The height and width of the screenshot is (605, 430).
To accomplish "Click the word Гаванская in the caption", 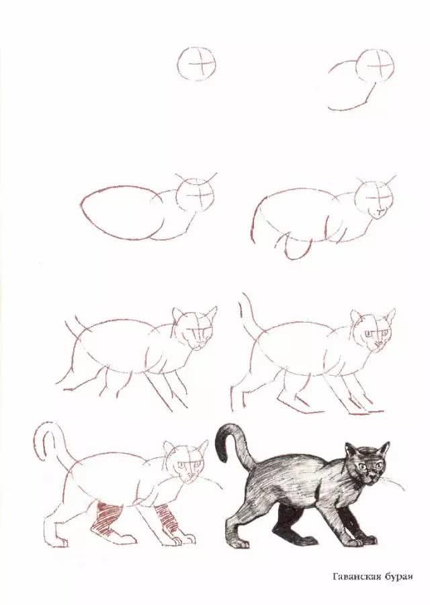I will point(357,576).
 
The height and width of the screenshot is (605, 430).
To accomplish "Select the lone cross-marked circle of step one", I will point(198,64).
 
